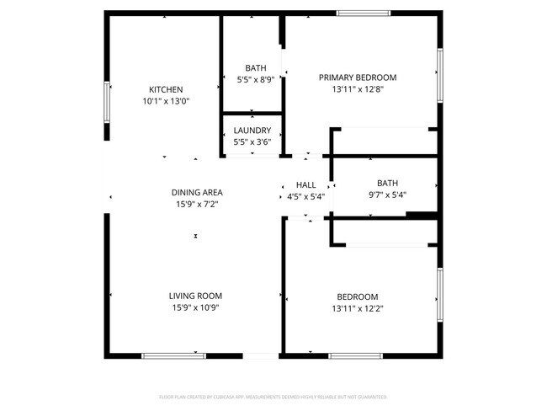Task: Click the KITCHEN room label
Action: tap(166, 89)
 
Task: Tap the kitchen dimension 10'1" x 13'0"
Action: tap(166, 101)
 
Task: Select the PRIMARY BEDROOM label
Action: tap(357, 77)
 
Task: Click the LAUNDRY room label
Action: tap(252, 131)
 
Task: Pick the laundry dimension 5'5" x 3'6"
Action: tap(252, 142)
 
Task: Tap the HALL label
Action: tap(305, 185)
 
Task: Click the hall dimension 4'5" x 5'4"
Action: tap(305, 197)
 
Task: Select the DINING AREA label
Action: tap(197, 192)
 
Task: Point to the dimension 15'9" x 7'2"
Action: tap(197, 204)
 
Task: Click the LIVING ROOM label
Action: tap(195, 296)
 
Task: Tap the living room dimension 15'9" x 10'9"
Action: tap(195, 307)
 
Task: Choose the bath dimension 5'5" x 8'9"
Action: tap(255, 80)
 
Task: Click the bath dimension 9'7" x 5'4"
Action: tap(387, 195)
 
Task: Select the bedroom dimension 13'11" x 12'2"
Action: tap(357, 308)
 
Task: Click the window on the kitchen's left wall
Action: tap(106, 102)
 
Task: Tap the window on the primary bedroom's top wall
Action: tap(364, 13)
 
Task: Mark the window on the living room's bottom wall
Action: tap(173, 355)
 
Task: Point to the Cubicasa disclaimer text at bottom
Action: tap(273, 396)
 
